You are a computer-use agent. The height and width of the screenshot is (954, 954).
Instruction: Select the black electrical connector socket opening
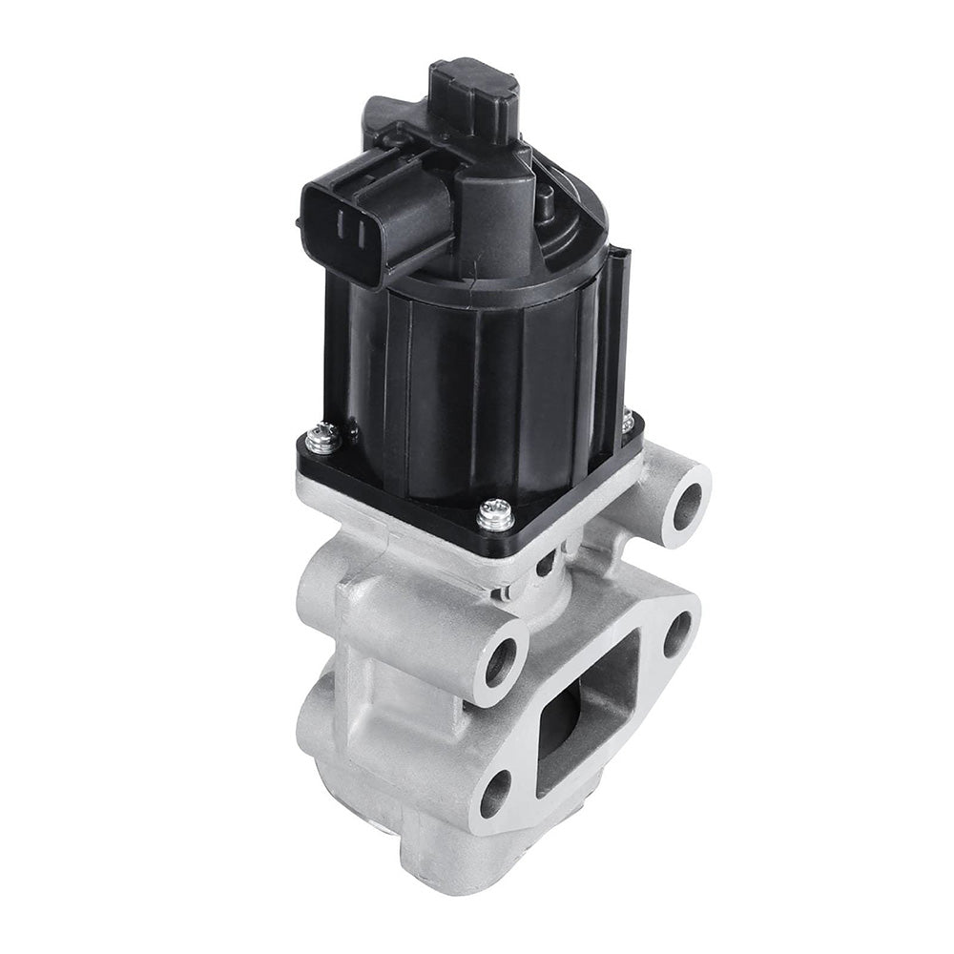(x=347, y=230)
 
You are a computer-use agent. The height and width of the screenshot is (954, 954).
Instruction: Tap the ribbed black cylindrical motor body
(x=477, y=382)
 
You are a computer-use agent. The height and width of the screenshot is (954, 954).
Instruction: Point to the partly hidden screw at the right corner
(x=627, y=420)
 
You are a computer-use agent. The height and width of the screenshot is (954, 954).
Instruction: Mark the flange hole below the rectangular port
(x=496, y=792)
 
